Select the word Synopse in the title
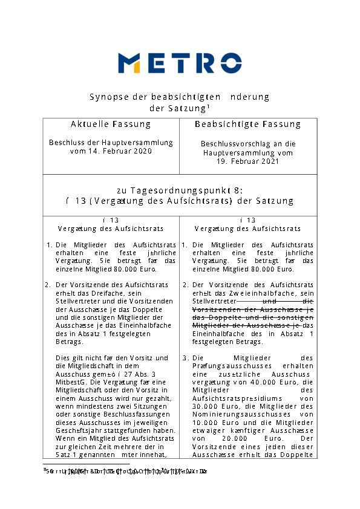107,97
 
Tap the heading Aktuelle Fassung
111,124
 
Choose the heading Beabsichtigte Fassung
247,124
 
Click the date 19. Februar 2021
247,161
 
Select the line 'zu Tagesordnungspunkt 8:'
180,190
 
